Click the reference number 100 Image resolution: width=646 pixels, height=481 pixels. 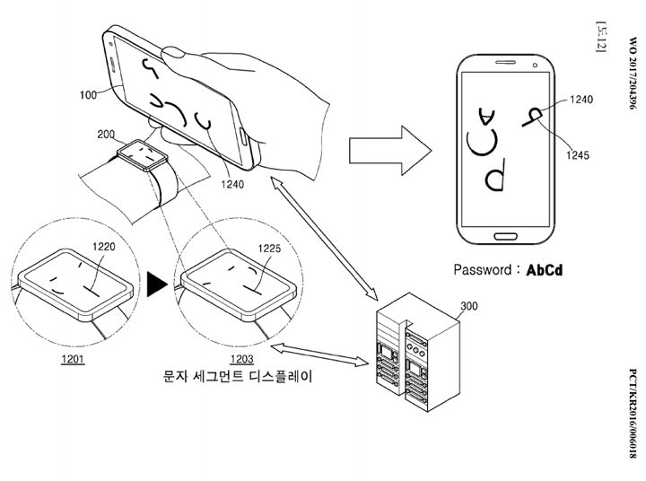[89, 93]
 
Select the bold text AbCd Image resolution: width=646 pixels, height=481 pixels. [545, 269]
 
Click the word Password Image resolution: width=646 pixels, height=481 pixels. [483, 269]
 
